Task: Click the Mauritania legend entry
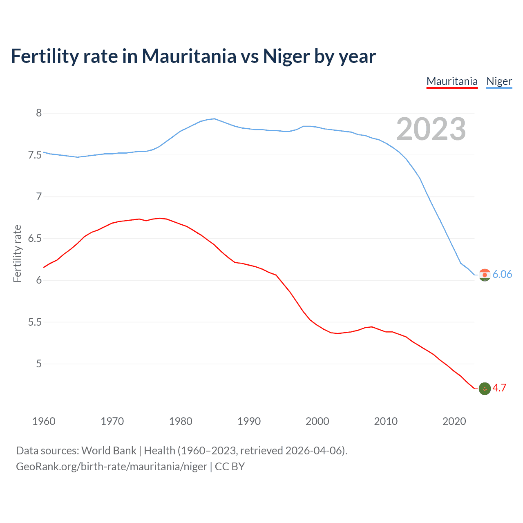(x=452, y=81)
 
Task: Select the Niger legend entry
(x=499, y=81)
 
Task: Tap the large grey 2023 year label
(x=431, y=129)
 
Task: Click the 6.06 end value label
(x=502, y=274)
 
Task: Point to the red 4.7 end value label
(x=499, y=388)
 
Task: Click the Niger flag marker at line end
(x=485, y=275)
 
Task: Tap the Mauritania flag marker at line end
(x=485, y=389)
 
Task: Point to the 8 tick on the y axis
(x=39, y=113)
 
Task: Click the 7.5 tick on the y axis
(x=35, y=155)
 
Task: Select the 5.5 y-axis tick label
(x=35, y=322)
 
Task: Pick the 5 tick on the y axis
(x=39, y=364)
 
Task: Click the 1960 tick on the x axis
(x=44, y=421)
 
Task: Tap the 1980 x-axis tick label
(x=181, y=421)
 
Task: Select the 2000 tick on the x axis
(x=317, y=421)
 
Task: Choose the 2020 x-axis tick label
(x=454, y=421)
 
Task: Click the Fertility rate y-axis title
(x=17, y=253)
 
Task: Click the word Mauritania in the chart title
(x=189, y=56)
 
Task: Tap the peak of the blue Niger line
(x=214, y=118)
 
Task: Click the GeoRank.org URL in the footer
(x=111, y=467)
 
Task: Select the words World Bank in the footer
(x=109, y=451)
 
